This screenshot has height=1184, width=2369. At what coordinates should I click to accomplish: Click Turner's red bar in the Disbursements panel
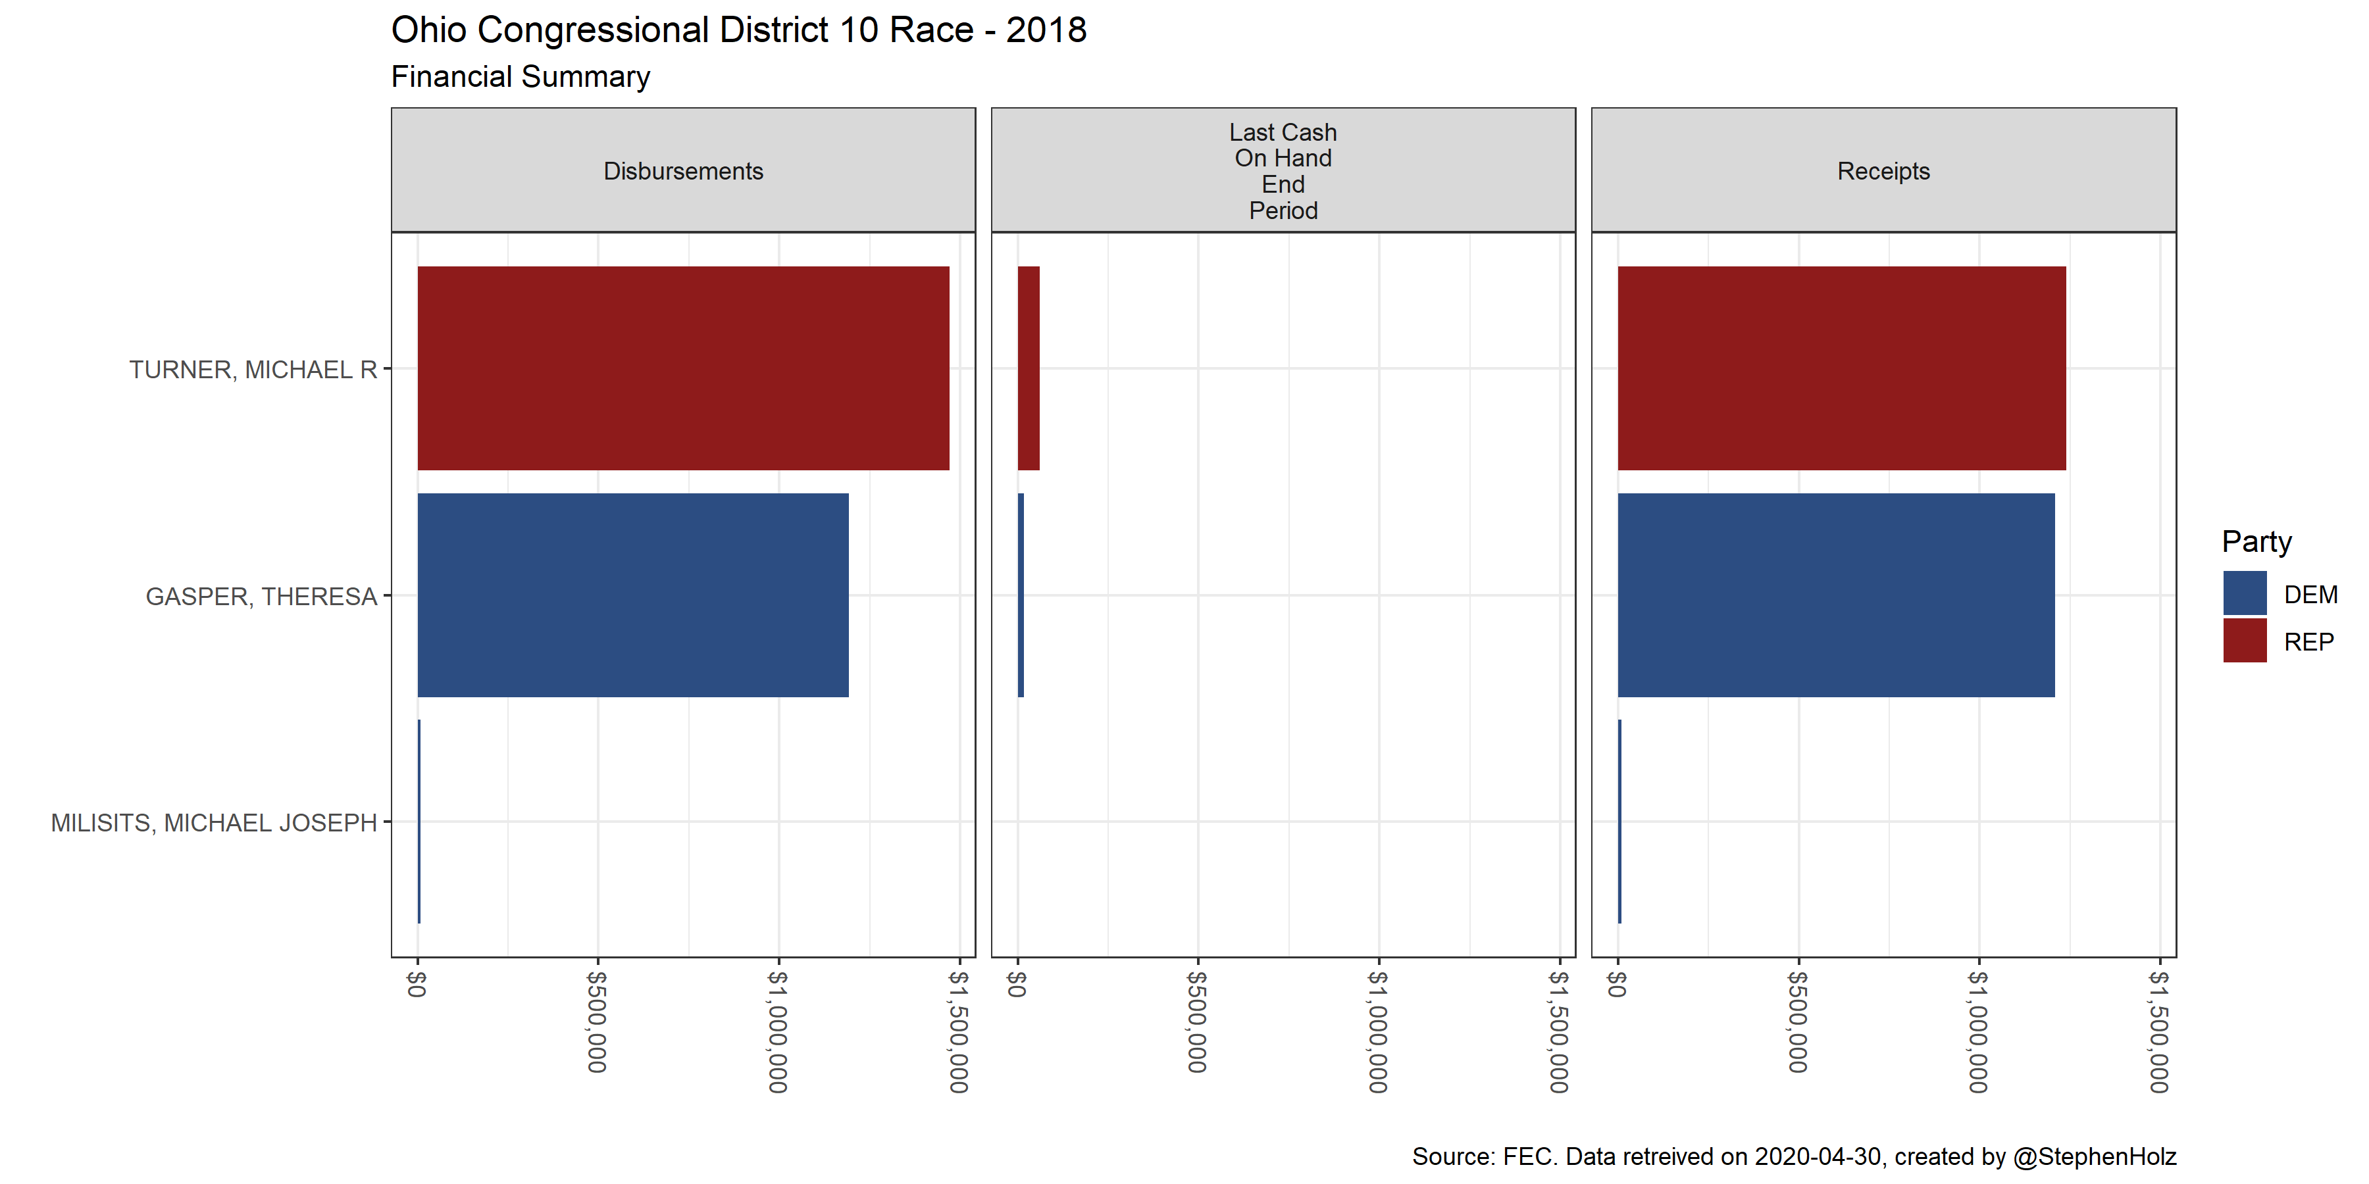tap(682, 368)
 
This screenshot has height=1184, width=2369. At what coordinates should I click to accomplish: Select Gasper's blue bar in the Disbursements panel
tap(632, 595)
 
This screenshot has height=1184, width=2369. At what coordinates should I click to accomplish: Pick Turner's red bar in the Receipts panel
tap(1841, 368)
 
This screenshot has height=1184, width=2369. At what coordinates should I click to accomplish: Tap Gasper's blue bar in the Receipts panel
tap(1835, 595)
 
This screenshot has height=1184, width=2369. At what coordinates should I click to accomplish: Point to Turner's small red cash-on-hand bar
tap(1028, 368)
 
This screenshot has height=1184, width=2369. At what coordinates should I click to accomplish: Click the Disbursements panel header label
tap(683, 171)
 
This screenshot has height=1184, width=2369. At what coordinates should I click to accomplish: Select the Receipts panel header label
tap(1883, 171)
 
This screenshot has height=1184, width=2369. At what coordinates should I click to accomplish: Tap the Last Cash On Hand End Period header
tap(1283, 172)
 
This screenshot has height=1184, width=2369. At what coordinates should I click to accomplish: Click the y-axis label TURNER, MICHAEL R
tap(253, 370)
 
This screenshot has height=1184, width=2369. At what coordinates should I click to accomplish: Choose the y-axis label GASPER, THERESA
tap(261, 597)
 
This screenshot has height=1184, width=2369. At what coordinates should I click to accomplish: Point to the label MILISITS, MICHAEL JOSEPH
tap(213, 823)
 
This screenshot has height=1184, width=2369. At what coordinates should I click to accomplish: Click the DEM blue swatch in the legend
tap(2245, 593)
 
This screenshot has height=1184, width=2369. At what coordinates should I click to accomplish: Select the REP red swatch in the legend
tap(2245, 641)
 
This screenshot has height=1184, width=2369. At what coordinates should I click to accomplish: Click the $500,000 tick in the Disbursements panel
tap(597, 1022)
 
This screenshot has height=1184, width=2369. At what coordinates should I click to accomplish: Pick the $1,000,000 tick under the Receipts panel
tap(1978, 1031)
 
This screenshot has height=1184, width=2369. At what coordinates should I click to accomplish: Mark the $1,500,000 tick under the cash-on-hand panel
tap(1559, 1031)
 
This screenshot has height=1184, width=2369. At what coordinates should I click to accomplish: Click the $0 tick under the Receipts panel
tap(1617, 985)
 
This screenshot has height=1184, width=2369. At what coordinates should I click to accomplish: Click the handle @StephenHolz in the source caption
tap(2094, 1156)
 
